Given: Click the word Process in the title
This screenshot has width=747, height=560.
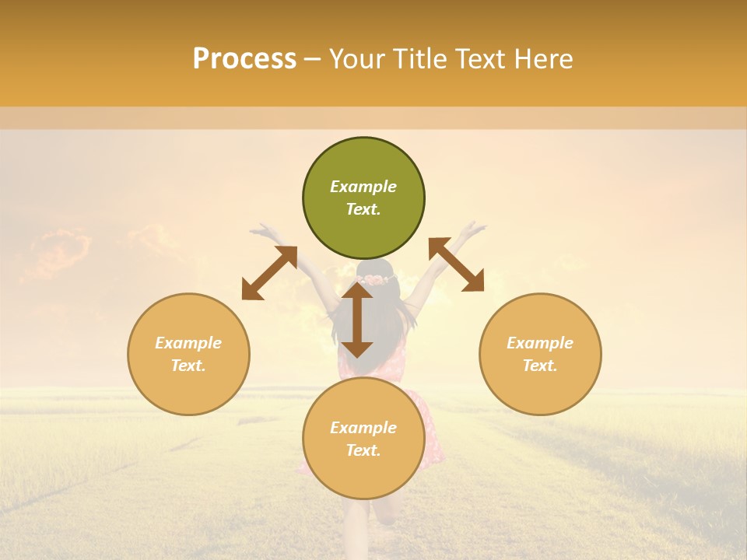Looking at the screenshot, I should [x=244, y=59].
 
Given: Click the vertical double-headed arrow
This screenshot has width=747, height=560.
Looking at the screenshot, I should [x=357, y=320].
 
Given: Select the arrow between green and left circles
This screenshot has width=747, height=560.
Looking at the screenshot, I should [x=269, y=273].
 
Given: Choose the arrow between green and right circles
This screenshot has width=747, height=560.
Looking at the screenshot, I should [x=456, y=264].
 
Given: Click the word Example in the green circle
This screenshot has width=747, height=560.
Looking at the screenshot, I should [x=363, y=187].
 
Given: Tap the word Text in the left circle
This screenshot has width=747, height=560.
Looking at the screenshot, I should [x=188, y=366].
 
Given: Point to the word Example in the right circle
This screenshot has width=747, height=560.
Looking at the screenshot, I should [x=540, y=343].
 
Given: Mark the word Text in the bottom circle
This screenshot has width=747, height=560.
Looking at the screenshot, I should [x=363, y=451].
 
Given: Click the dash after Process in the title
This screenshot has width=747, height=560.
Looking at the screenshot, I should [x=313, y=60].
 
